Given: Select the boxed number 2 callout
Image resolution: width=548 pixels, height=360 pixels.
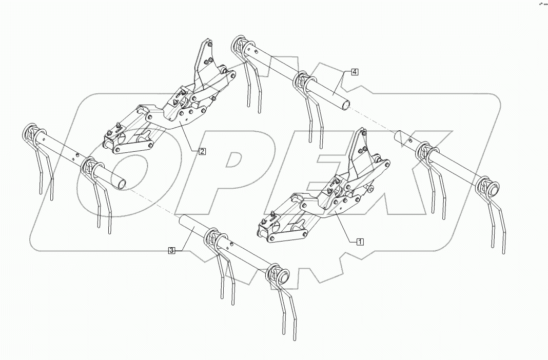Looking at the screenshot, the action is click(x=203, y=151).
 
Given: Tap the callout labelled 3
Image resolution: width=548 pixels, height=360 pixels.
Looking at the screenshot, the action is click(x=171, y=250).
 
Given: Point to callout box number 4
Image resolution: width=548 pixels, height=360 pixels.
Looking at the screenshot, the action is click(x=355, y=72).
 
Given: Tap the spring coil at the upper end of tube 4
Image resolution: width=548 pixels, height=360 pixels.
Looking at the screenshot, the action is click(x=239, y=47).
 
